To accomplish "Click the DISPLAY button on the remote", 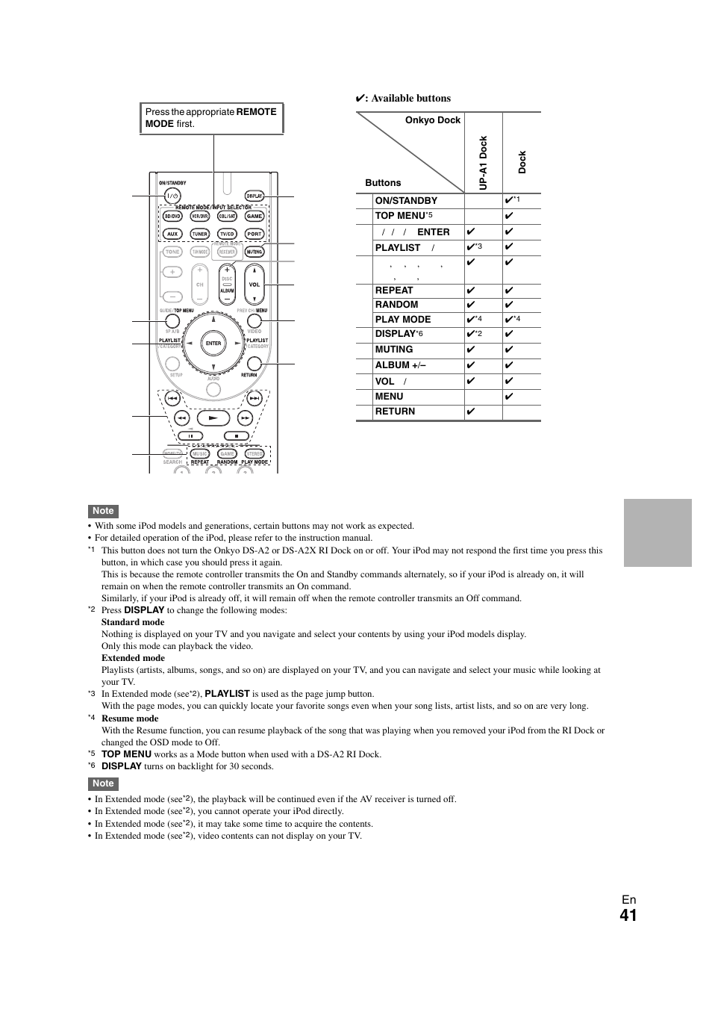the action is click(x=254, y=196).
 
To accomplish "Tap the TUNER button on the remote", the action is click(x=199, y=234).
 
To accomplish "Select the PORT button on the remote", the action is click(x=254, y=234).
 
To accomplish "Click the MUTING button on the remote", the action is click(x=254, y=252).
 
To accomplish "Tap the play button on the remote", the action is click(x=213, y=419).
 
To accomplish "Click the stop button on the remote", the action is click(x=237, y=435).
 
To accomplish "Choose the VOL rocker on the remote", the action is click(x=254, y=285).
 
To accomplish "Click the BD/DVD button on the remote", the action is click(x=172, y=216).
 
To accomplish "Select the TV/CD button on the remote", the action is click(x=227, y=234).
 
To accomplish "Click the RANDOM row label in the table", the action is click(x=396, y=305).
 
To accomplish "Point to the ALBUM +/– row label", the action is click(x=402, y=365).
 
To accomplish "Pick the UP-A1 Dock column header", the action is click(x=483, y=162).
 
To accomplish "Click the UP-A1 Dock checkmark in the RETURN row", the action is click(x=471, y=412).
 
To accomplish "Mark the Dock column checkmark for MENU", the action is click(x=509, y=397).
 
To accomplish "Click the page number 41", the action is click(x=628, y=916).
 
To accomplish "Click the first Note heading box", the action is click(x=103, y=511).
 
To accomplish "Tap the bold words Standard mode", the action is click(x=133, y=622).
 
